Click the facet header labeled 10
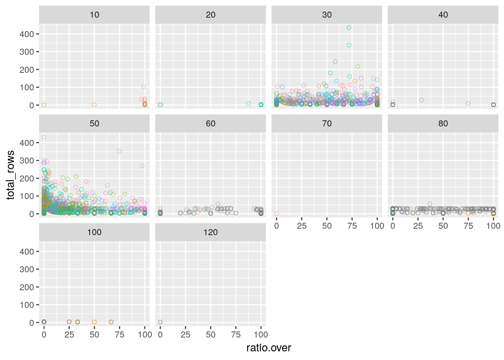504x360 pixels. (x=94, y=15)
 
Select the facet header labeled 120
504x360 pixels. (x=210, y=232)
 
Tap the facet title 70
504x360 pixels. (x=327, y=124)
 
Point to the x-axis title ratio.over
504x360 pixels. (x=268, y=348)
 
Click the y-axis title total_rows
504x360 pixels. (x=10, y=175)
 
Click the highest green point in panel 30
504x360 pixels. (x=349, y=27)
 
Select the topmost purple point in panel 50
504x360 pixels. (x=44, y=137)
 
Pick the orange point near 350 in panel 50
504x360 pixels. (x=120, y=151)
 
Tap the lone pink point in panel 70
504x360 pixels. (x=276, y=214)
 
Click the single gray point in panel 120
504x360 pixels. (x=160, y=322)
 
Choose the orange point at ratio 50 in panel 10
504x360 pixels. (x=94, y=105)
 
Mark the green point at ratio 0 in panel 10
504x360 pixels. (x=44, y=105)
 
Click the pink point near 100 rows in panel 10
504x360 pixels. (x=144, y=87)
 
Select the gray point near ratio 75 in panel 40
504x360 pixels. (x=468, y=104)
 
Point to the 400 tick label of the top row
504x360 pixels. (x=27, y=34)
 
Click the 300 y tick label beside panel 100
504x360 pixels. (x=27, y=269)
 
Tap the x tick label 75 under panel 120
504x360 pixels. (x=236, y=334)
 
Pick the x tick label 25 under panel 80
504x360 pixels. (x=418, y=226)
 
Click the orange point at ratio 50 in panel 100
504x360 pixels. (x=94, y=322)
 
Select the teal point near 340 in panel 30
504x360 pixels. (x=349, y=45)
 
